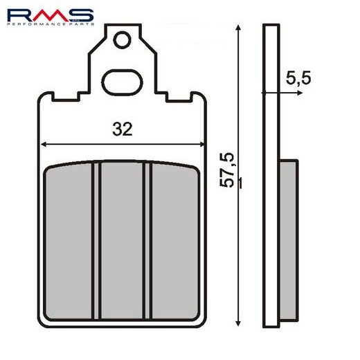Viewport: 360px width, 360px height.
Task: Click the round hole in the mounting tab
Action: click(123, 40)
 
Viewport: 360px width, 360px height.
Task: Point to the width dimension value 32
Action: click(122, 129)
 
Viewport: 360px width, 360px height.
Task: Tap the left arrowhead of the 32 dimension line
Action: click(44, 145)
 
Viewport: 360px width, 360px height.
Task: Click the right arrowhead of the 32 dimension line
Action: click(201, 145)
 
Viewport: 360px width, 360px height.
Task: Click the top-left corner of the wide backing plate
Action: click(38, 97)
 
